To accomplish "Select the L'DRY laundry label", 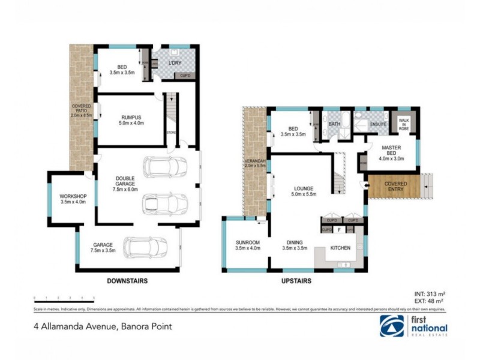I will click(175, 62).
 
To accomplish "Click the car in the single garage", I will click(144, 245).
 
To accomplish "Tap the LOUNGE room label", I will click(303, 191).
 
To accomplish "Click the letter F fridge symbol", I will click(340, 229).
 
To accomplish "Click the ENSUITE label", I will click(377, 125).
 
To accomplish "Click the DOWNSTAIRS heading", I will click(127, 281).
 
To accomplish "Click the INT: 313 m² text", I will click(430, 293).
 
